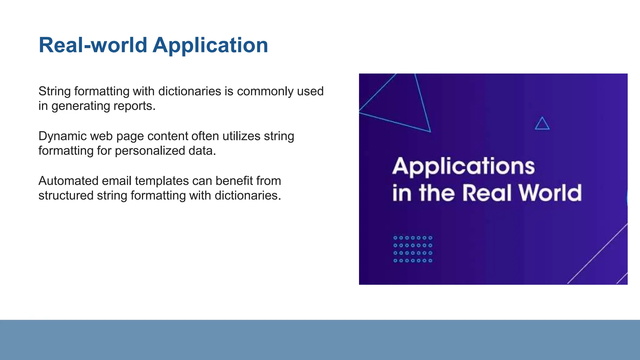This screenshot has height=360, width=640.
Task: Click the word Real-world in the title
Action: [x=92, y=45]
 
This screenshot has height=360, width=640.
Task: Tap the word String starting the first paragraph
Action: [x=54, y=92]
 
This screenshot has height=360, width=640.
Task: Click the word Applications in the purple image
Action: [x=463, y=167]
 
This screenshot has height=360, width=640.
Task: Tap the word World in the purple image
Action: [x=550, y=193]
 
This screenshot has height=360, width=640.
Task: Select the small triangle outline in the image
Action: [x=542, y=124]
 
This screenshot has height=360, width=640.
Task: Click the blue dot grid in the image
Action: [x=412, y=249]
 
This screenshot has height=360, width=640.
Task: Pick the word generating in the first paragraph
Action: [x=80, y=106]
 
